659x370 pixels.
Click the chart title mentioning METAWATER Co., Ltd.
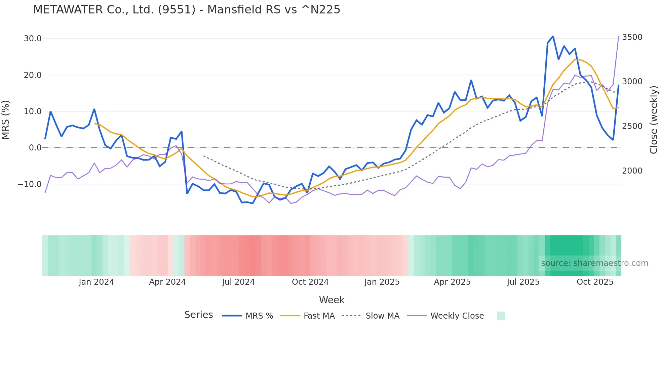click(x=187, y=10)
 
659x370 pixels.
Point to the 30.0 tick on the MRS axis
click(x=33, y=39)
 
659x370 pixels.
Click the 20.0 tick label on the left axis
click(x=33, y=75)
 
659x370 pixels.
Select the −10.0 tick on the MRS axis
click(x=30, y=184)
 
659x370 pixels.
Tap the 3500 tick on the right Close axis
click(x=632, y=37)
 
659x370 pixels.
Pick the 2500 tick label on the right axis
click(x=632, y=126)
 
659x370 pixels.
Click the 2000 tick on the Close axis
click(x=632, y=171)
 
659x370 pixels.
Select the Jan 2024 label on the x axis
click(x=96, y=282)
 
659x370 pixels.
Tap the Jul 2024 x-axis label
click(x=238, y=282)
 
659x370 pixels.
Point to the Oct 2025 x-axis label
click(x=595, y=282)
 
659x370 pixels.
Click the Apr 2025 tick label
click(x=452, y=282)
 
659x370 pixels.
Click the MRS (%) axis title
click(x=6, y=120)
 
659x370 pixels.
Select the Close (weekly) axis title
click(x=653, y=120)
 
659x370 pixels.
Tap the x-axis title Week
click(x=332, y=300)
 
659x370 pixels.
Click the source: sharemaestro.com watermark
click(x=594, y=263)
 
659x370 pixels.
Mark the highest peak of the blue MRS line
click(x=553, y=36)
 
